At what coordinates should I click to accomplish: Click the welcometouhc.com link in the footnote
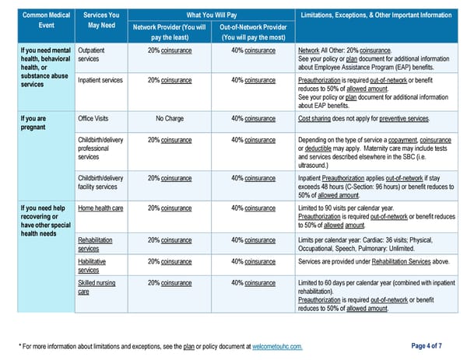(x=277, y=347)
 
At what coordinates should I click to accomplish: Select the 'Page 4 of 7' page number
(x=427, y=346)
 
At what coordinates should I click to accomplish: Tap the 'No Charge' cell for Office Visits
(x=170, y=118)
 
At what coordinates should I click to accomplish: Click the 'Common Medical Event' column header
(x=46, y=20)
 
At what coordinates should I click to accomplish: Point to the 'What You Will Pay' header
(x=212, y=15)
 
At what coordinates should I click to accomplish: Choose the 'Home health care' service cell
(x=100, y=208)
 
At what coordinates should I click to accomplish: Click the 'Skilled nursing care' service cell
(x=97, y=287)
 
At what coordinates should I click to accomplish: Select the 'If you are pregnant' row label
(x=33, y=123)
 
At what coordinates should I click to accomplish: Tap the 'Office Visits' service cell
(x=93, y=118)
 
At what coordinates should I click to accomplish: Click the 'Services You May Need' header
(x=101, y=20)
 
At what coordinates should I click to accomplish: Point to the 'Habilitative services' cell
(x=92, y=266)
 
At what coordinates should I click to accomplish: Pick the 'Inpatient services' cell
(x=100, y=80)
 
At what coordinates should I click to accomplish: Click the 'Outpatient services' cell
(x=91, y=54)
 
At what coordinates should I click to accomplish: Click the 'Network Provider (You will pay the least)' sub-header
(x=170, y=32)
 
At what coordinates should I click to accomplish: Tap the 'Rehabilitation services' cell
(x=95, y=244)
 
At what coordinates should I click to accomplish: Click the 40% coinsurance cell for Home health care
(x=254, y=208)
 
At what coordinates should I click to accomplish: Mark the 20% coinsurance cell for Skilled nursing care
(x=170, y=283)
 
